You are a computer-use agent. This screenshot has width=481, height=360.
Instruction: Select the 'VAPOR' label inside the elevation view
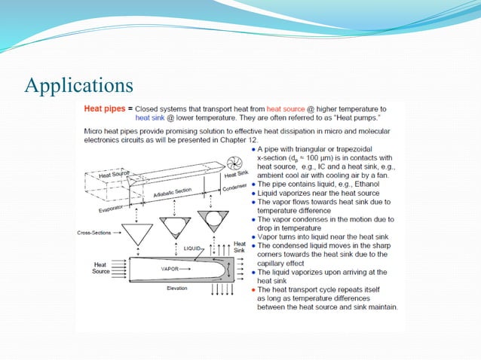170,268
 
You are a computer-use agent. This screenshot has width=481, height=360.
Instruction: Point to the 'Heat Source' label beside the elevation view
100,268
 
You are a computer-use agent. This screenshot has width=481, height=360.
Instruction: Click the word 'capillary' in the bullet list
274,263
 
